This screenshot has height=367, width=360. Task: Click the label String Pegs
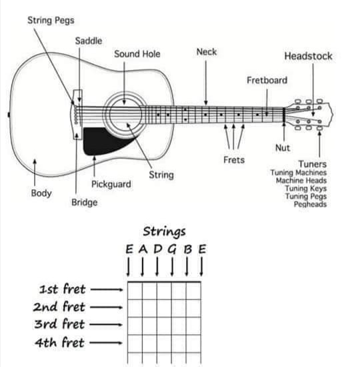coord(51,21)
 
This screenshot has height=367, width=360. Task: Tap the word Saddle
coord(89,41)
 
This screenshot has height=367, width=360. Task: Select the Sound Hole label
coord(137,54)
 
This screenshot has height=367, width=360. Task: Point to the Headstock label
coord(308,56)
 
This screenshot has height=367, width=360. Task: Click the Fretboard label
coord(267,81)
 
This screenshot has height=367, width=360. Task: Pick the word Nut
coord(283,148)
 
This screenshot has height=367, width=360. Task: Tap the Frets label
coord(234,160)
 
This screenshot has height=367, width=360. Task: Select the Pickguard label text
coord(111,184)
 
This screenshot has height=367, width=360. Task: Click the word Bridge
coord(84,202)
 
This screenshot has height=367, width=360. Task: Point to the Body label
coord(41,193)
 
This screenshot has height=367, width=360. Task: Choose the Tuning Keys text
coord(305,188)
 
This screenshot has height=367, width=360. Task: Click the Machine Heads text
coord(301,181)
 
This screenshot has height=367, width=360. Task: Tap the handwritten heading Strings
coord(165,232)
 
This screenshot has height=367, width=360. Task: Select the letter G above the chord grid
coord(172,249)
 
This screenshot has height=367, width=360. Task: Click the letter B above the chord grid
coord(187,249)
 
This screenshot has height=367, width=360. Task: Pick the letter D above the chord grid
coord(158,249)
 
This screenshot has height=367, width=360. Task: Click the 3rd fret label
coord(59,324)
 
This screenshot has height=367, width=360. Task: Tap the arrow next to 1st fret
coord(107,290)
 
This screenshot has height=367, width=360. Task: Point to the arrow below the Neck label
coord(206,83)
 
